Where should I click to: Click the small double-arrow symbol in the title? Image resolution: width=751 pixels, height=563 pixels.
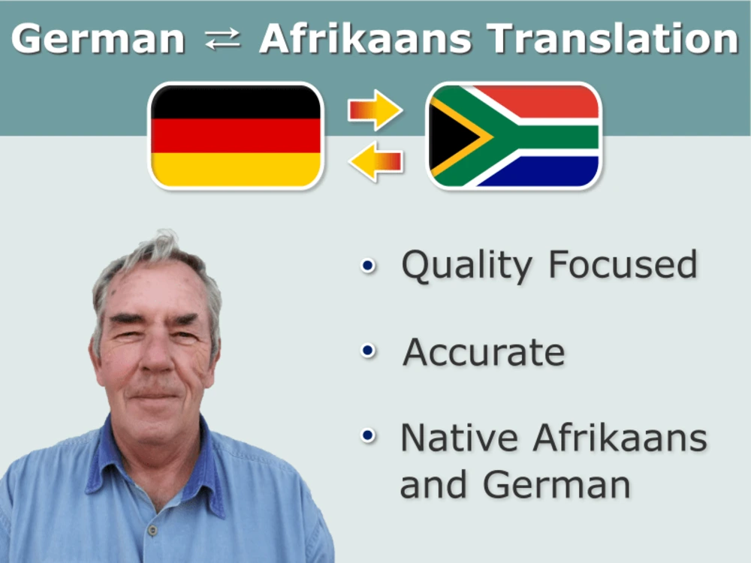222,40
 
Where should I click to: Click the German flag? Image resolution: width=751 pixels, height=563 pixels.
236,135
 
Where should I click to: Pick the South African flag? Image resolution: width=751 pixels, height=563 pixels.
514,135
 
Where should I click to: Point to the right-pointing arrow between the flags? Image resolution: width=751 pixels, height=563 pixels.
375,110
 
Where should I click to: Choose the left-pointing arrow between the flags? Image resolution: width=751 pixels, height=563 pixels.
375,161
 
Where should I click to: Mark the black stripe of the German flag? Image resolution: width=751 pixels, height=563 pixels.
236,102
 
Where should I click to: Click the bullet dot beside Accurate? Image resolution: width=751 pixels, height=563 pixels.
367,351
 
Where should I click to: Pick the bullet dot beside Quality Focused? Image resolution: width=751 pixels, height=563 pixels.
367,264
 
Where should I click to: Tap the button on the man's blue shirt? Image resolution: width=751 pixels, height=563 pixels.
152,530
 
